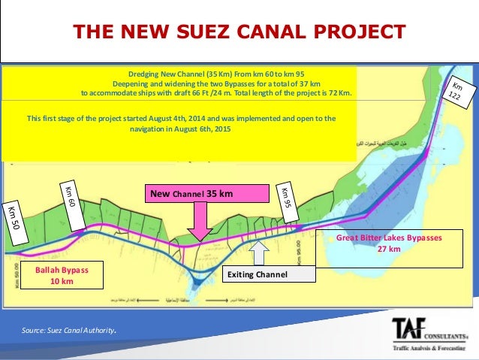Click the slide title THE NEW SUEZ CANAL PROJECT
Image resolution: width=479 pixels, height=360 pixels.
[239, 32]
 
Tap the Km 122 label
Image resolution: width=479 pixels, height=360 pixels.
[455, 93]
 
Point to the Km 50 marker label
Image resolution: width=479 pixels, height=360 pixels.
[15, 219]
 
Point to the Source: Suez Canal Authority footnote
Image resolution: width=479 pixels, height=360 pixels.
[69, 330]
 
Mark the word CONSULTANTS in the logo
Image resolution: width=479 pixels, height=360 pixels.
[448, 325]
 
